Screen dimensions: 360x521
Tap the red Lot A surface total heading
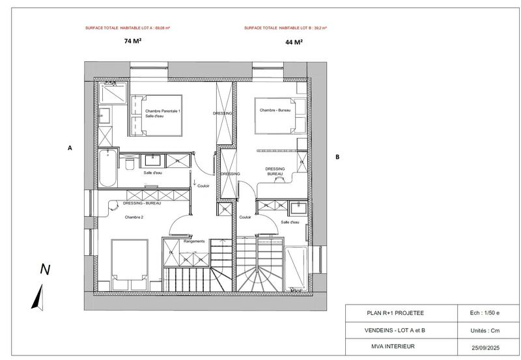pyautogui.click(x=124, y=29)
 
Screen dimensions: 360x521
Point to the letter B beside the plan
pyautogui.click(x=337, y=157)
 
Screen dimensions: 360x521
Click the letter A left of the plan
pyautogui.click(x=70, y=148)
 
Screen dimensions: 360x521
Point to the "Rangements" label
pyautogui.click(x=194, y=241)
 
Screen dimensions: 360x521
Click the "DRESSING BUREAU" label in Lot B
pyautogui.click(x=275, y=171)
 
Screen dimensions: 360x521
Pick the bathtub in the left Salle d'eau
pyautogui.click(x=108, y=167)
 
